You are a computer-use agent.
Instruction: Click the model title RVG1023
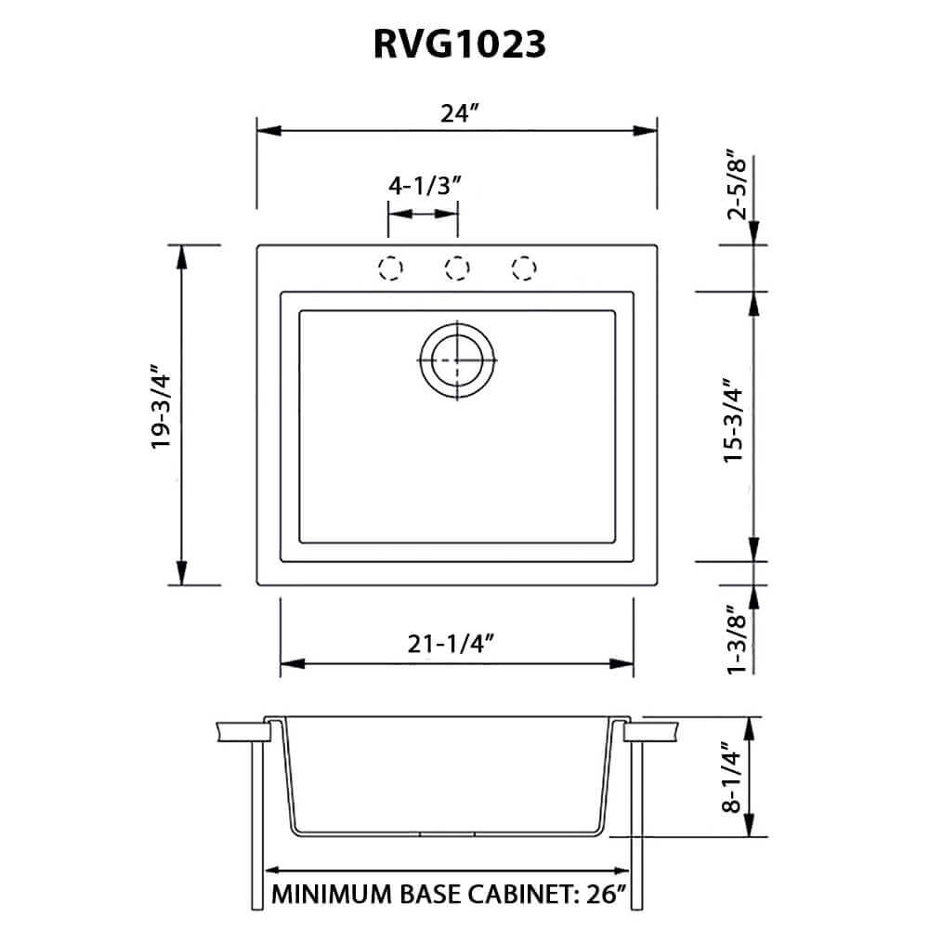[x=458, y=45]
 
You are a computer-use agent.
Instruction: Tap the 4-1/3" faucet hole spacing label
[x=425, y=186]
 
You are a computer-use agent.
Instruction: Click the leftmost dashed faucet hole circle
[x=391, y=268]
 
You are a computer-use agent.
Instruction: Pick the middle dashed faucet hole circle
[x=457, y=268]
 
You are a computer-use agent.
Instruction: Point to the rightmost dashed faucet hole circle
[x=524, y=268]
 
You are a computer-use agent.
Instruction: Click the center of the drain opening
[x=457, y=359]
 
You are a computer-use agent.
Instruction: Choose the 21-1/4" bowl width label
[x=456, y=640]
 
